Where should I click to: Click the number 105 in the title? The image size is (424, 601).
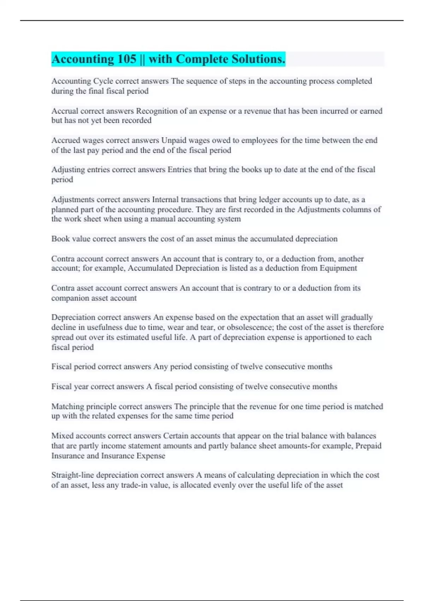pyautogui.click(x=127, y=59)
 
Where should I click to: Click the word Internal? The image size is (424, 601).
pyautogui.click(x=165, y=199)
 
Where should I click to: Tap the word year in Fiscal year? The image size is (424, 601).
pyautogui.click(x=81, y=386)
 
